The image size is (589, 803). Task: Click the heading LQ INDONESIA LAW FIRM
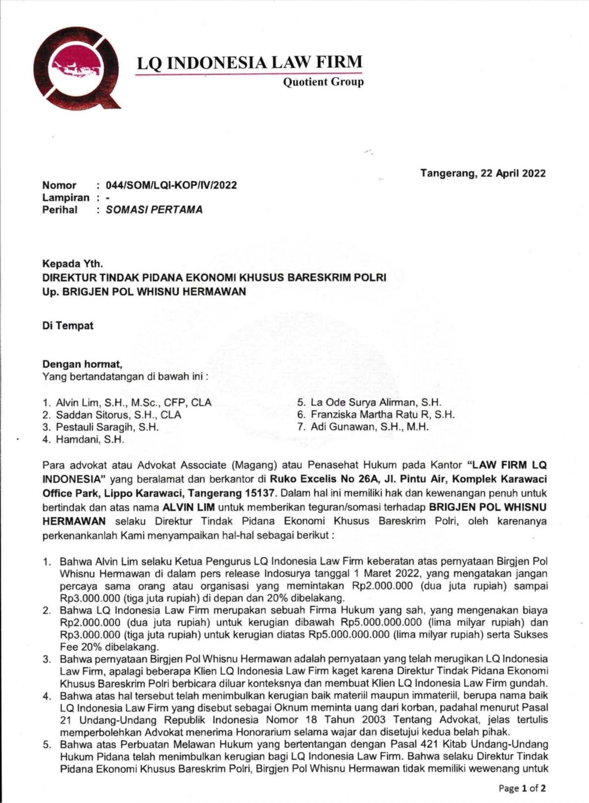(249, 63)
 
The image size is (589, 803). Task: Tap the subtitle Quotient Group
(323, 82)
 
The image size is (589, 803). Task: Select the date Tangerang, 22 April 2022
(482, 173)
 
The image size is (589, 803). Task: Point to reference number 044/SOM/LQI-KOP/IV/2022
(171, 186)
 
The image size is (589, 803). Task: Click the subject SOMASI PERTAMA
(154, 210)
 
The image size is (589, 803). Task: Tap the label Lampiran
(66, 198)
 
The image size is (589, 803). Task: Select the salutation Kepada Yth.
(73, 265)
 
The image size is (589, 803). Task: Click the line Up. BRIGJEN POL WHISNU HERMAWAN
(144, 292)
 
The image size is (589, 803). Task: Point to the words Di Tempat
(68, 326)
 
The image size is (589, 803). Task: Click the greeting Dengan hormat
(82, 364)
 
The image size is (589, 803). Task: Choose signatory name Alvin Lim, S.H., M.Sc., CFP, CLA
(134, 403)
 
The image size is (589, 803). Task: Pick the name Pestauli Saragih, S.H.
(107, 427)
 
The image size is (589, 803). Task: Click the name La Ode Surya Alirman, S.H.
(375, 403)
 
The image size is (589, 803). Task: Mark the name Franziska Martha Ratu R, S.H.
(382, 415)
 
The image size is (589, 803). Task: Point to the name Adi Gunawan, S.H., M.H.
(370, 427)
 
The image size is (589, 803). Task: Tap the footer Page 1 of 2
(522, 788)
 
